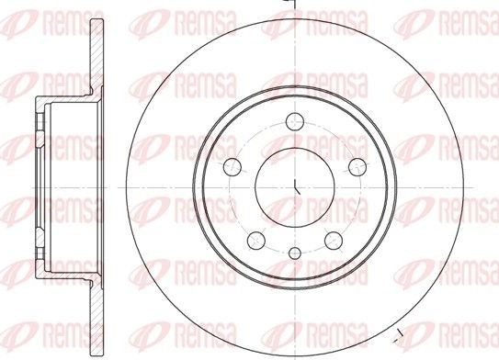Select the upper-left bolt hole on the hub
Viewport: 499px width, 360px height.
[233, 165]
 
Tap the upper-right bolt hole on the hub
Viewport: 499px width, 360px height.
[357, 165]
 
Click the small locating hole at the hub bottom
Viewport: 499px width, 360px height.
[295, 254]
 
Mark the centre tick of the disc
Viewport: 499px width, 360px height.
[296, 186]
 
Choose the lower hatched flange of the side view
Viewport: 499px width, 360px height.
[94, 303]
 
